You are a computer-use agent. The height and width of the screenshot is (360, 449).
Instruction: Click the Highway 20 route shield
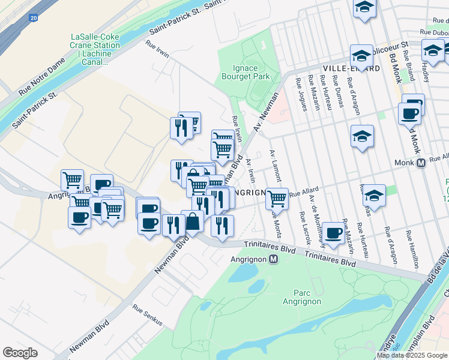(32, 18)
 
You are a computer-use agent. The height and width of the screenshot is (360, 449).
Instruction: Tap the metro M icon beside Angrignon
(273, 260)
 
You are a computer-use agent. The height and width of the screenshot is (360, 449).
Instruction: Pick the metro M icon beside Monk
(421, 163)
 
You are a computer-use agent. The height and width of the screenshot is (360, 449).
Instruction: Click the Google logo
(20, 353)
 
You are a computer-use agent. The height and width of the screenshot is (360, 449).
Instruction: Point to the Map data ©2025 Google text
(411, 355)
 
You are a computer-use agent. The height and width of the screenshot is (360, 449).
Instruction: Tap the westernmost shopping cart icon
(72, 179)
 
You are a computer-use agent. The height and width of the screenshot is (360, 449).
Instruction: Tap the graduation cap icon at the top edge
(364, 8)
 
